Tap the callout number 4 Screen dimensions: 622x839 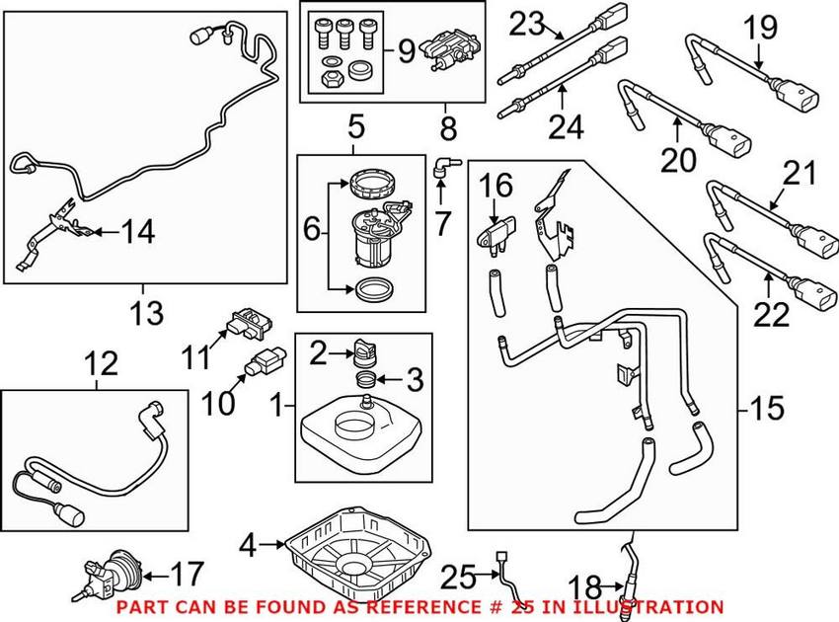point(249,544)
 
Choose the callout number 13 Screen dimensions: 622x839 point(146,315)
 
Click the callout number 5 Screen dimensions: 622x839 point(355,125)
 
